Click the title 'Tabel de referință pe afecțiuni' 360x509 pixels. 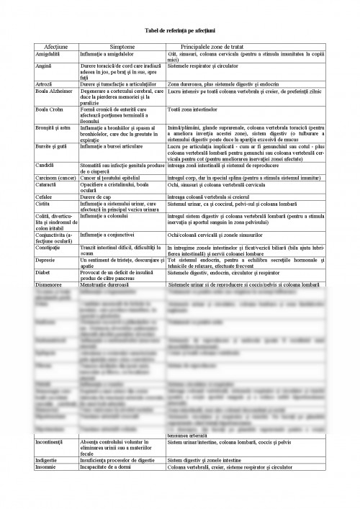(x=179, y=29)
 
